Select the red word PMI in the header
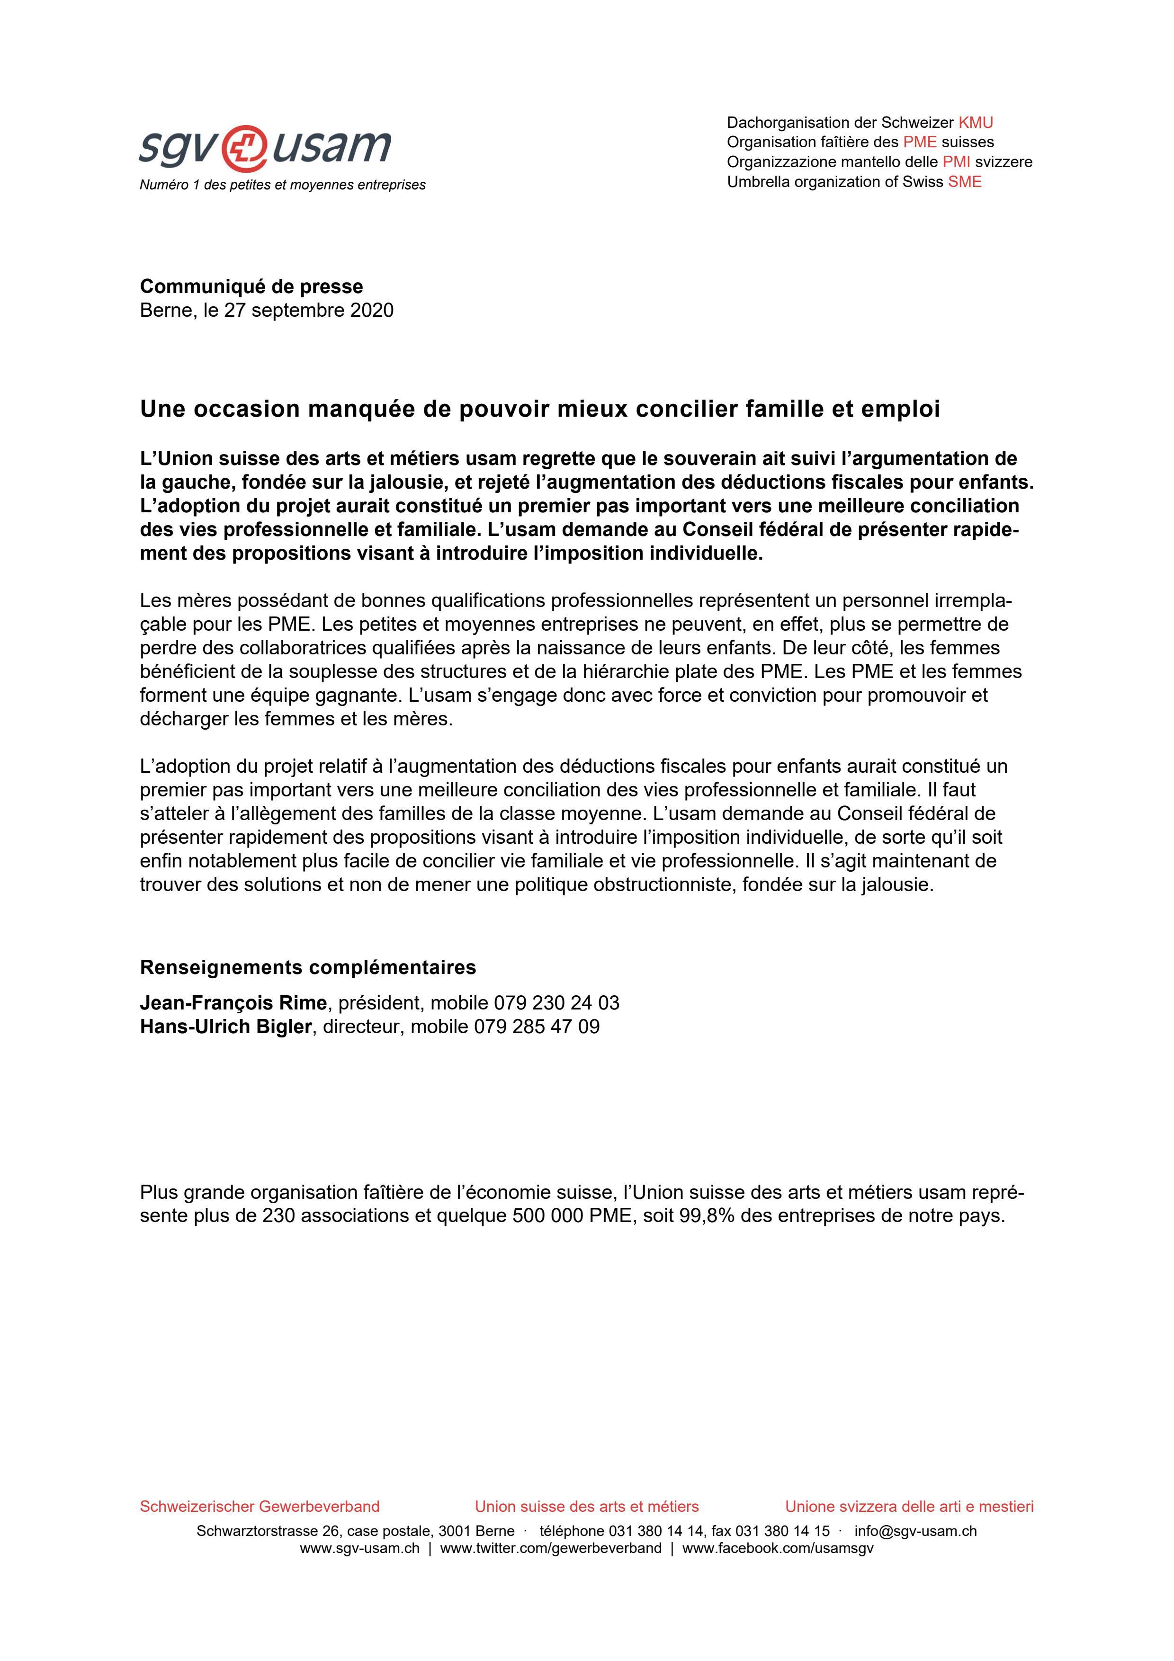click(956, 162)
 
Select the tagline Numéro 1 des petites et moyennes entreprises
click(282, 185)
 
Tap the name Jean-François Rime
click(233, 1003)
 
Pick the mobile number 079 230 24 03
click(556, 1003)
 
